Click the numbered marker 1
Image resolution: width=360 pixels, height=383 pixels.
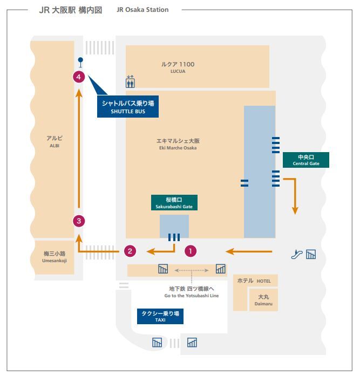point(191,251)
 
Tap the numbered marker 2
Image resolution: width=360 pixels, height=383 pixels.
point(130,251)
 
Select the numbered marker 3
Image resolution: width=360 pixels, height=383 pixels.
point(79,221)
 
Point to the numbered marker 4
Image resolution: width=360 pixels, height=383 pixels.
point(79,77)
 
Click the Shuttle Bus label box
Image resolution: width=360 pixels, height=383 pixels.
point(128,106)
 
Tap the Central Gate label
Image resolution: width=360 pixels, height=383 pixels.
point(305,160)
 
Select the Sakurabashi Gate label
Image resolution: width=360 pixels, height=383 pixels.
point(174,202)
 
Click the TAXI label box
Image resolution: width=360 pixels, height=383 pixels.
point(160,316)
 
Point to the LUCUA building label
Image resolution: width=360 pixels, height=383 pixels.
point(178,67)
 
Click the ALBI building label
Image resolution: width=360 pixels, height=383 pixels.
point(55,142)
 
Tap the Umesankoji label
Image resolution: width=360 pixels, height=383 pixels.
point(55,257)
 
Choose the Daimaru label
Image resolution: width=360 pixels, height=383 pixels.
point(263,300)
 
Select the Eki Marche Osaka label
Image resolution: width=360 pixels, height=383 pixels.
point(178,144)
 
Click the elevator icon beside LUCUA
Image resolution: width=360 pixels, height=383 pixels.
point(130,81)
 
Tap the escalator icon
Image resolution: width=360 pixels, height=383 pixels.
point(297,254)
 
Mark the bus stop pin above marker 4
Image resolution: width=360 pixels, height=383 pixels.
point(80,62)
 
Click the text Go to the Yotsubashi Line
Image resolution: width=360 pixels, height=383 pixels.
point(192,296)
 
